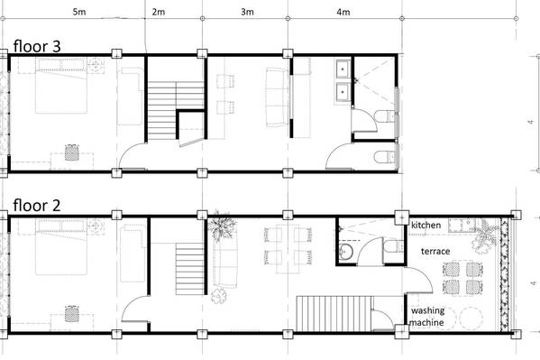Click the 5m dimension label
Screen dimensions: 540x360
pyautogui.click(x=78, y=12)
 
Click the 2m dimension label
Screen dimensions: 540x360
pyautogui.click(x=158, y=12)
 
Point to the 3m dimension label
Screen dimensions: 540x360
pyautogui.click(x=247, y=12)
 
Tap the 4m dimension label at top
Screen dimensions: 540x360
pyautogui.click(x=343, y=12)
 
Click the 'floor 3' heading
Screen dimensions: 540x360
pyautogui.click(x=37, y=46)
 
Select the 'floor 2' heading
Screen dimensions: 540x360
pyautogui.click(x=37, y=205)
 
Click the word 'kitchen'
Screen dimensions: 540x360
pyautogui.click(x=426, y=226)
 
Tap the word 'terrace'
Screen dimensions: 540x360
pyautogui.click(x=435, y=252)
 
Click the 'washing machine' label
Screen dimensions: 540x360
pyautogui.click(x=427, y=317)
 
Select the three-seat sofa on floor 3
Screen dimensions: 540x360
pyautogui.click(x=278, y=97)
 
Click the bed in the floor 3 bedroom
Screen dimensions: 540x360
pyautogui.click(x=61, y=86)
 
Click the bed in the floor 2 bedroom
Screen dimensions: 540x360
pyautogui.click(x=61, y=247)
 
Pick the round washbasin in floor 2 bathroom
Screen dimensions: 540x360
pyautogui.click(x=345, y=251)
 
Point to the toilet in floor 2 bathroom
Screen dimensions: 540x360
pyautogui.click(x=393, y=247)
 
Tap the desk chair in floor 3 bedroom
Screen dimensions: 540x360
pyautogui.click(x=71, y=152)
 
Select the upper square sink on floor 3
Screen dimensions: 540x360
pyautogui.click(x=343, y=69)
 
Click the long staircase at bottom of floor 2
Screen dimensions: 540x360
pyautogui.click(x=334, y=313)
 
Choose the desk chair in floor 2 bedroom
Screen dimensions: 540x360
pyautogui.click(x=71, y=314)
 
